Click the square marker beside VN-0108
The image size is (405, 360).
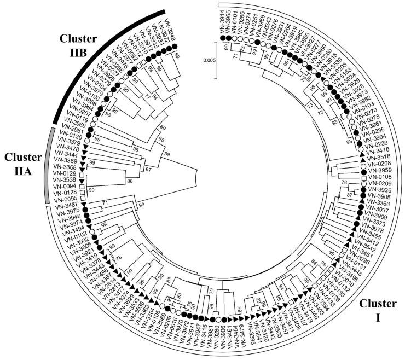tap(362, 179)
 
